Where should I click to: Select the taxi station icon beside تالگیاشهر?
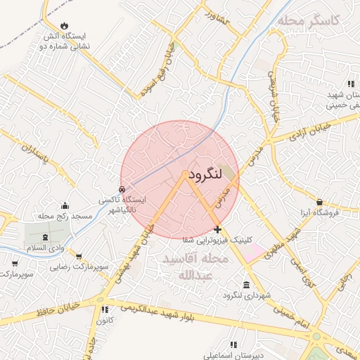point(122,189)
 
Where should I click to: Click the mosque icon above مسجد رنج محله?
point(65,206)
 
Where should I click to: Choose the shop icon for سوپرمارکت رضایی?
point(78,257)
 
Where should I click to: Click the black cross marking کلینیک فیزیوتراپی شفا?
point(217,229)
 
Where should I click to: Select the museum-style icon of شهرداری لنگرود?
point(246,285)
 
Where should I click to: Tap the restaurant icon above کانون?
point(105,309)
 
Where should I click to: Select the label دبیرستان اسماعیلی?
point(231,354)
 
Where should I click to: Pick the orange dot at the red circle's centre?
point(185,173)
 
